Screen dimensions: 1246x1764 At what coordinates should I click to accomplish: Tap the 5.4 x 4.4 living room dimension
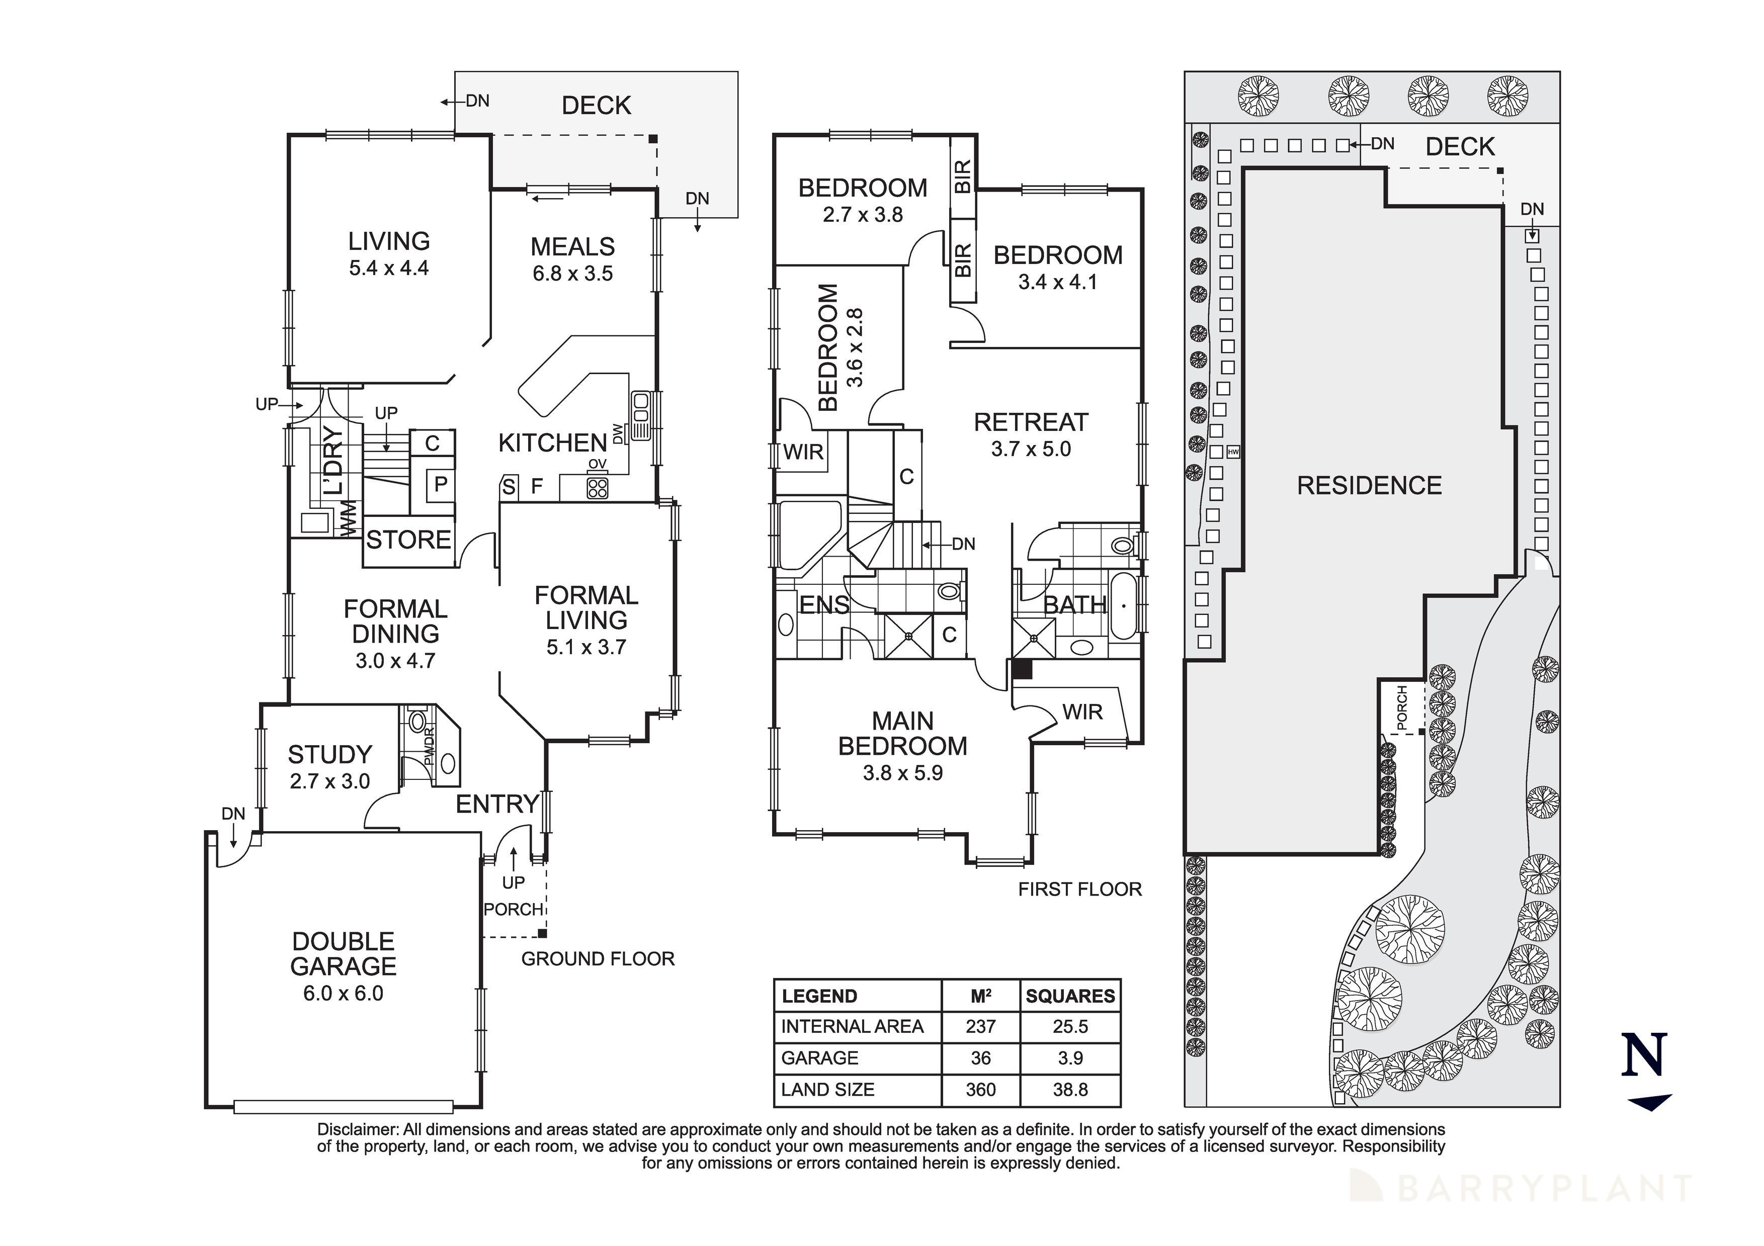(389, 268)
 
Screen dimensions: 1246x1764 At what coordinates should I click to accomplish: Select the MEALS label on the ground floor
(572, 246)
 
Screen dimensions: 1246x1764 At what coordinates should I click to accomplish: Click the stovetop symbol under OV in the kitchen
(598, 487)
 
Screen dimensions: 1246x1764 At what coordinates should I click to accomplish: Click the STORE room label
(408, 540)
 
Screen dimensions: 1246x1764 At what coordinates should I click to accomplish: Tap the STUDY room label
(329, 754)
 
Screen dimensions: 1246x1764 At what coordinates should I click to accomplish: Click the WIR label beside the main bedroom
(1082, 712)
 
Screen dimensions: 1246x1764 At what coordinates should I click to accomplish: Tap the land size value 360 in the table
(980, 1089)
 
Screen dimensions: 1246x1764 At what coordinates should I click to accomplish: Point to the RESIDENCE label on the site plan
(1369, 486)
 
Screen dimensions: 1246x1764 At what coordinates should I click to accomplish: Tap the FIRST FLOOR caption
(1079, 889)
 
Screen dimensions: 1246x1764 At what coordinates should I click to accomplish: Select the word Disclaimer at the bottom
(357, 1129)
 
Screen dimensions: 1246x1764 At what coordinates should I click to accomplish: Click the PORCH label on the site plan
(1402, 707)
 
